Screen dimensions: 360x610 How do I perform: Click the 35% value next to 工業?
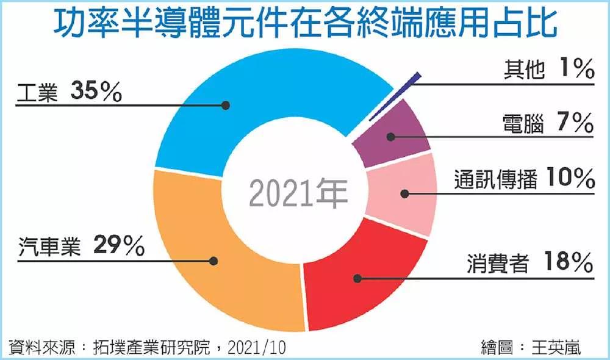tap(96, 92)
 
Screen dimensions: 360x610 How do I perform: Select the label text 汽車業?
tap(49, 248)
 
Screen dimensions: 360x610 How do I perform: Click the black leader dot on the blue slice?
tap(225, 105)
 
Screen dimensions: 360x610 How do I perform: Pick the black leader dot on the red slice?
tap(357, 278)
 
